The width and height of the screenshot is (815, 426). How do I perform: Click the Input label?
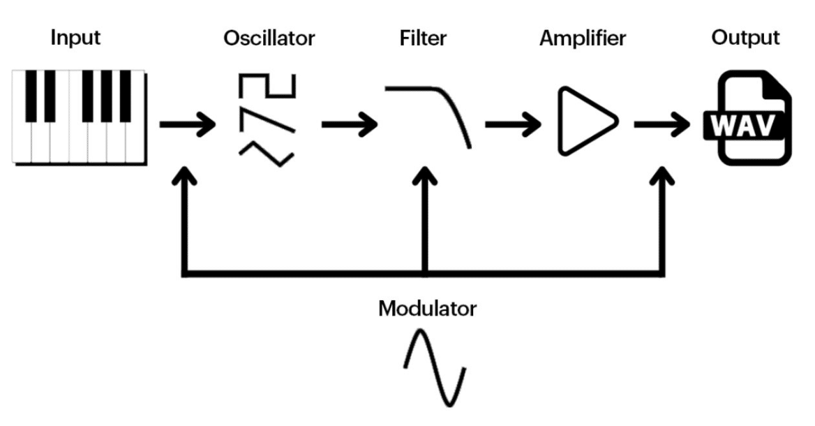pyautogui.click(x=74, y=38)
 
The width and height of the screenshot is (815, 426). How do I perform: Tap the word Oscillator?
pyautogui.click(x=269, y=38)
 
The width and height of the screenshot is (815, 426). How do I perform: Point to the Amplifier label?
pyautogui.click(x=583, y=38)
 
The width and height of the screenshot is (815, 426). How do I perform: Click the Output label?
pyautogui.click(x=745, y=38)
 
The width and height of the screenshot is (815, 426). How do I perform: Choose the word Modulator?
pyautogui.click(x=427, y=308)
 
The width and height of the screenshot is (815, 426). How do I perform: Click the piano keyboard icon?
pyautogui.click(x=80, y=116)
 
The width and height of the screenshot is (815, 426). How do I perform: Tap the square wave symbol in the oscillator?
pyautogui.click(x=269, y=87)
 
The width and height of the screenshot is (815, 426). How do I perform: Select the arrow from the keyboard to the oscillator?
pyautogui.click(x=187, y=126)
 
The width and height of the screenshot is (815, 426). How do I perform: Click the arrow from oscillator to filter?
pyautogui.click(x=349, y=126)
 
